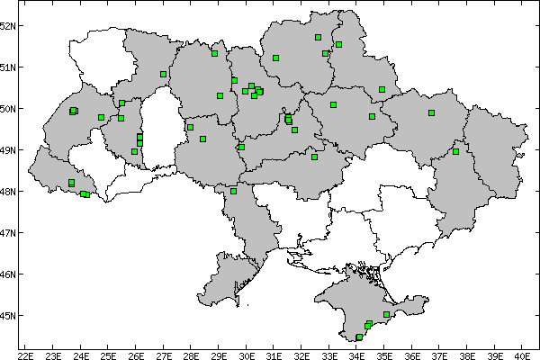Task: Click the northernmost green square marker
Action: pyautogui.click(x=319, y=37)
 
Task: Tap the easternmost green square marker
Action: pyautogui.click(x=455, y=151)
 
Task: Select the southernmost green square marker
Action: pyautogui.click(x=359, y=337)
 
